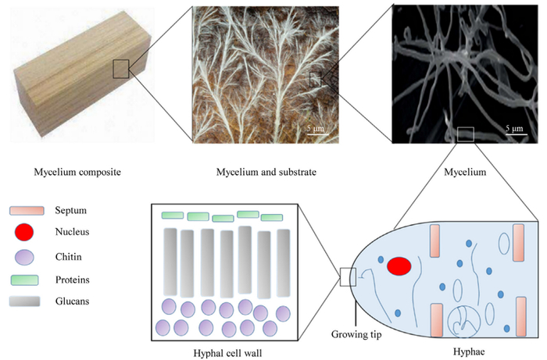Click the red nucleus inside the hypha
pyautogui.click(x=399, y=266)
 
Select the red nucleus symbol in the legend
pyautogui.click(x=24, y=232)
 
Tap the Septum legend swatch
pyautogui.click(x=27, y=211)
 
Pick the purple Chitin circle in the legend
pyautogui.click(x=24, y=258)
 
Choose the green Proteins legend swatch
pyautogui.click(x=24, y=280)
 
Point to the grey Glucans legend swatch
pyautogui.click(x=24, y=301)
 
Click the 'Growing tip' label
pyautogui.click(x=356, y=334)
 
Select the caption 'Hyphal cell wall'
pyautogui.click(x=227, y=353)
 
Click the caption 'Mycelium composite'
pyautogui.click(x=77, y=172)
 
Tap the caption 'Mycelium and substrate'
pyautogui.click(x=266, y=172)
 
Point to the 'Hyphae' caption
pyautogui.click(x=469, y=351)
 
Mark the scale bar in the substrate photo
pyautogui.click(x=318, y=134)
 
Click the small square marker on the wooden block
pyautogui.click(x=121, y=69)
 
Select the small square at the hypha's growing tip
pyautogui.click(x=349, y=277)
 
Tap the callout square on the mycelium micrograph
pyautogui.click(x=466, y=134)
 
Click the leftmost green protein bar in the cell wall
pyautogui.click(x=173, y=216)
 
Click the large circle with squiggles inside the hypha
pyautogui.click(x=464, y=322)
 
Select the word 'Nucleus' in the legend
pyautogui.click(x=72, y=232)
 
